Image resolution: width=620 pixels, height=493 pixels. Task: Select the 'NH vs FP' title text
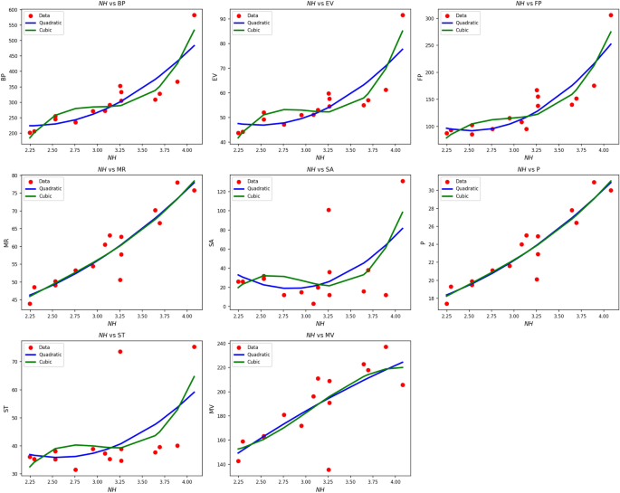click(528, 5)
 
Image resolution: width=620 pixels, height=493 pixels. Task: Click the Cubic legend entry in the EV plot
click(253, 30)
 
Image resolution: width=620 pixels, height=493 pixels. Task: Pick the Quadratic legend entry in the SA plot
click(256, 189)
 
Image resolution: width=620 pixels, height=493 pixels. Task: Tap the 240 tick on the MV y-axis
click(222, 344)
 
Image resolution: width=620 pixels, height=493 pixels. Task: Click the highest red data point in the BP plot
click(194, 15)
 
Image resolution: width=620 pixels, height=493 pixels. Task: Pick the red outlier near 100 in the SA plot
click(329, 210)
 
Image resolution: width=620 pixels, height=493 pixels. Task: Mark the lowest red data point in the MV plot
click(329, 469)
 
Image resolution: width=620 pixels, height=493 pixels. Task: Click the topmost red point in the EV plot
click(402, 15)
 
